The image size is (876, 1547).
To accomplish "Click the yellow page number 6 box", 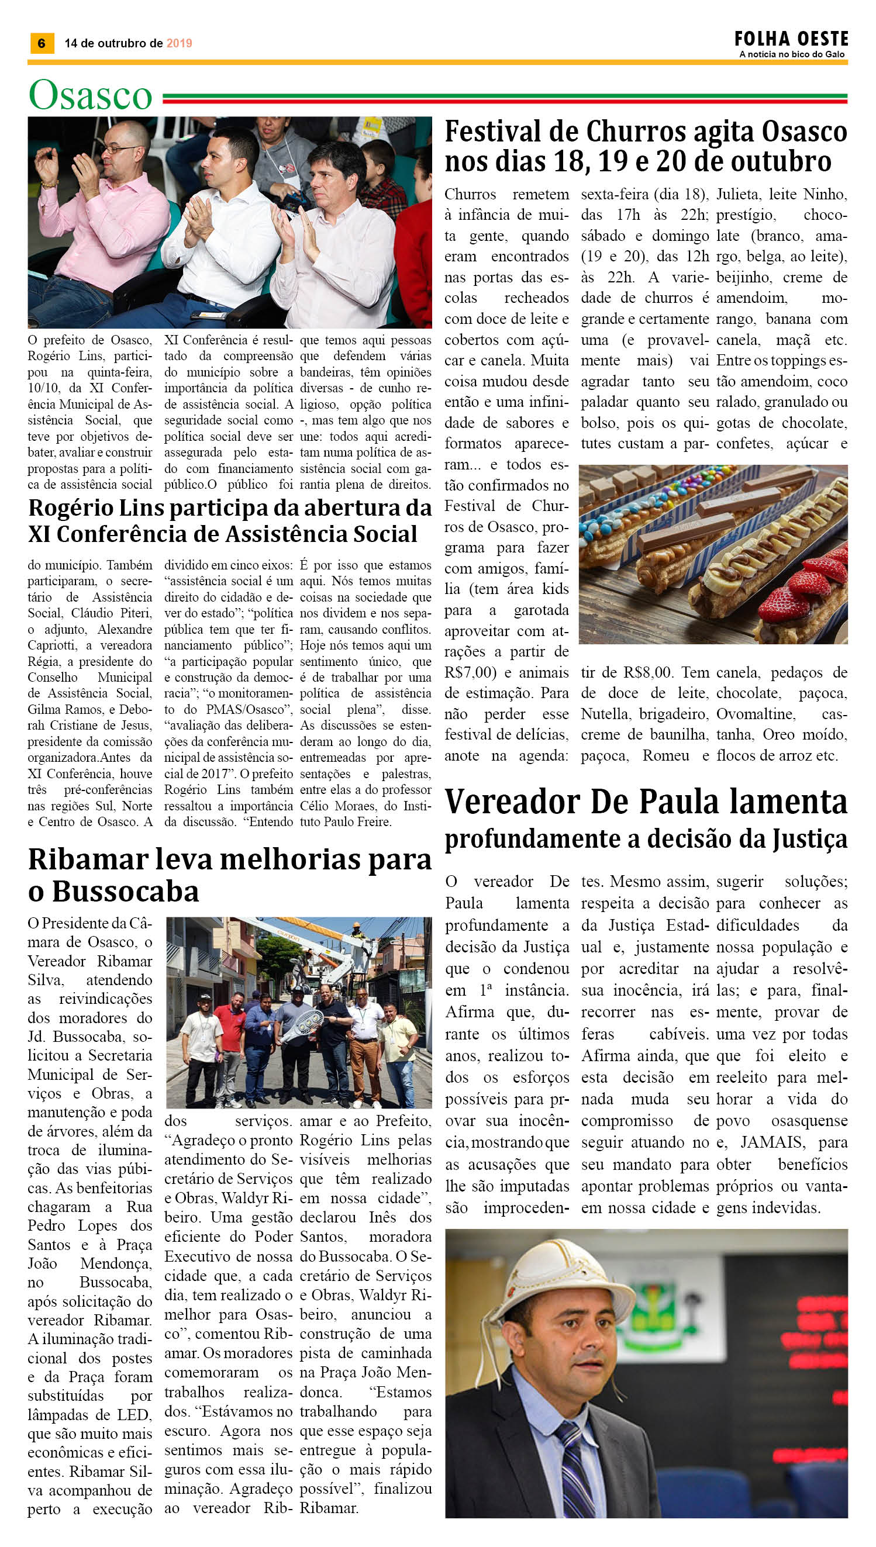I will [42, 43].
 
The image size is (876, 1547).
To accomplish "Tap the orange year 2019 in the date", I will [179, 43].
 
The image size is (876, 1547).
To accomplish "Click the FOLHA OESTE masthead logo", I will [791, 39].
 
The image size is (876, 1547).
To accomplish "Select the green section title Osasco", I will [90, 95].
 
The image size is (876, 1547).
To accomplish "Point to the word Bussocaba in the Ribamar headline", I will [125, 892].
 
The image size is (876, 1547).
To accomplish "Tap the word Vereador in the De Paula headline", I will [513, 802].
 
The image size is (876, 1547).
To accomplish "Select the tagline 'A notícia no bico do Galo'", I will [792, 54].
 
